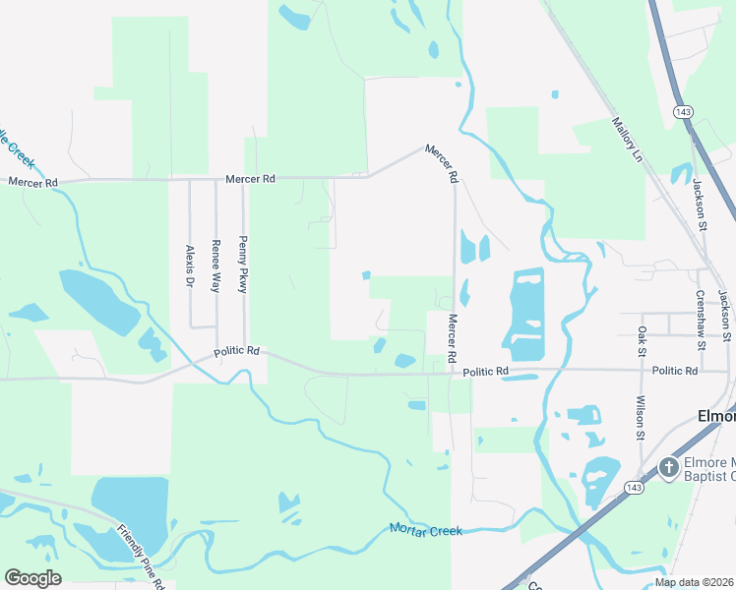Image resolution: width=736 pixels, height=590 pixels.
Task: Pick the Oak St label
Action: [x=642, y=340]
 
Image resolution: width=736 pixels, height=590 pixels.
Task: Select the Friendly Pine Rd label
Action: [x=140, y=558]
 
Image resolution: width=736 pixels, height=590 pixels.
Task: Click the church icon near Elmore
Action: [x=668, y=467]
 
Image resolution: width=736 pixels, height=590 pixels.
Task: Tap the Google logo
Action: [x=32, y=578]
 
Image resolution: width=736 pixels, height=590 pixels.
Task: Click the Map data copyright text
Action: [x=694, y=582]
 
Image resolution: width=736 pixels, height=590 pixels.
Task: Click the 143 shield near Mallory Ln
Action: [x=683, y=112]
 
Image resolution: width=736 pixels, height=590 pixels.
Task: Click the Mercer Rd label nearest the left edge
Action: [x=32, y=182]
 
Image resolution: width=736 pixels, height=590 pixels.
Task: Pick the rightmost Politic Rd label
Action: [x=674, y=371]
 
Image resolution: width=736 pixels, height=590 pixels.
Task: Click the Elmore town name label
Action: [x=715, y=415]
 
